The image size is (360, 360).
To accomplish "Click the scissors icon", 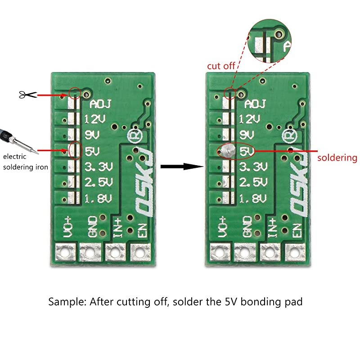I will coord(27,94).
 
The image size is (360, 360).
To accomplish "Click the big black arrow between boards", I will coord(180,166).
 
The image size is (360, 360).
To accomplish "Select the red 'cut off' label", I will coord(221,66).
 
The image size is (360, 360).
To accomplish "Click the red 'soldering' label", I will coord(337,158).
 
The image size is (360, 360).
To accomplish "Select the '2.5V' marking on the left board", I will coord(99,183).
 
